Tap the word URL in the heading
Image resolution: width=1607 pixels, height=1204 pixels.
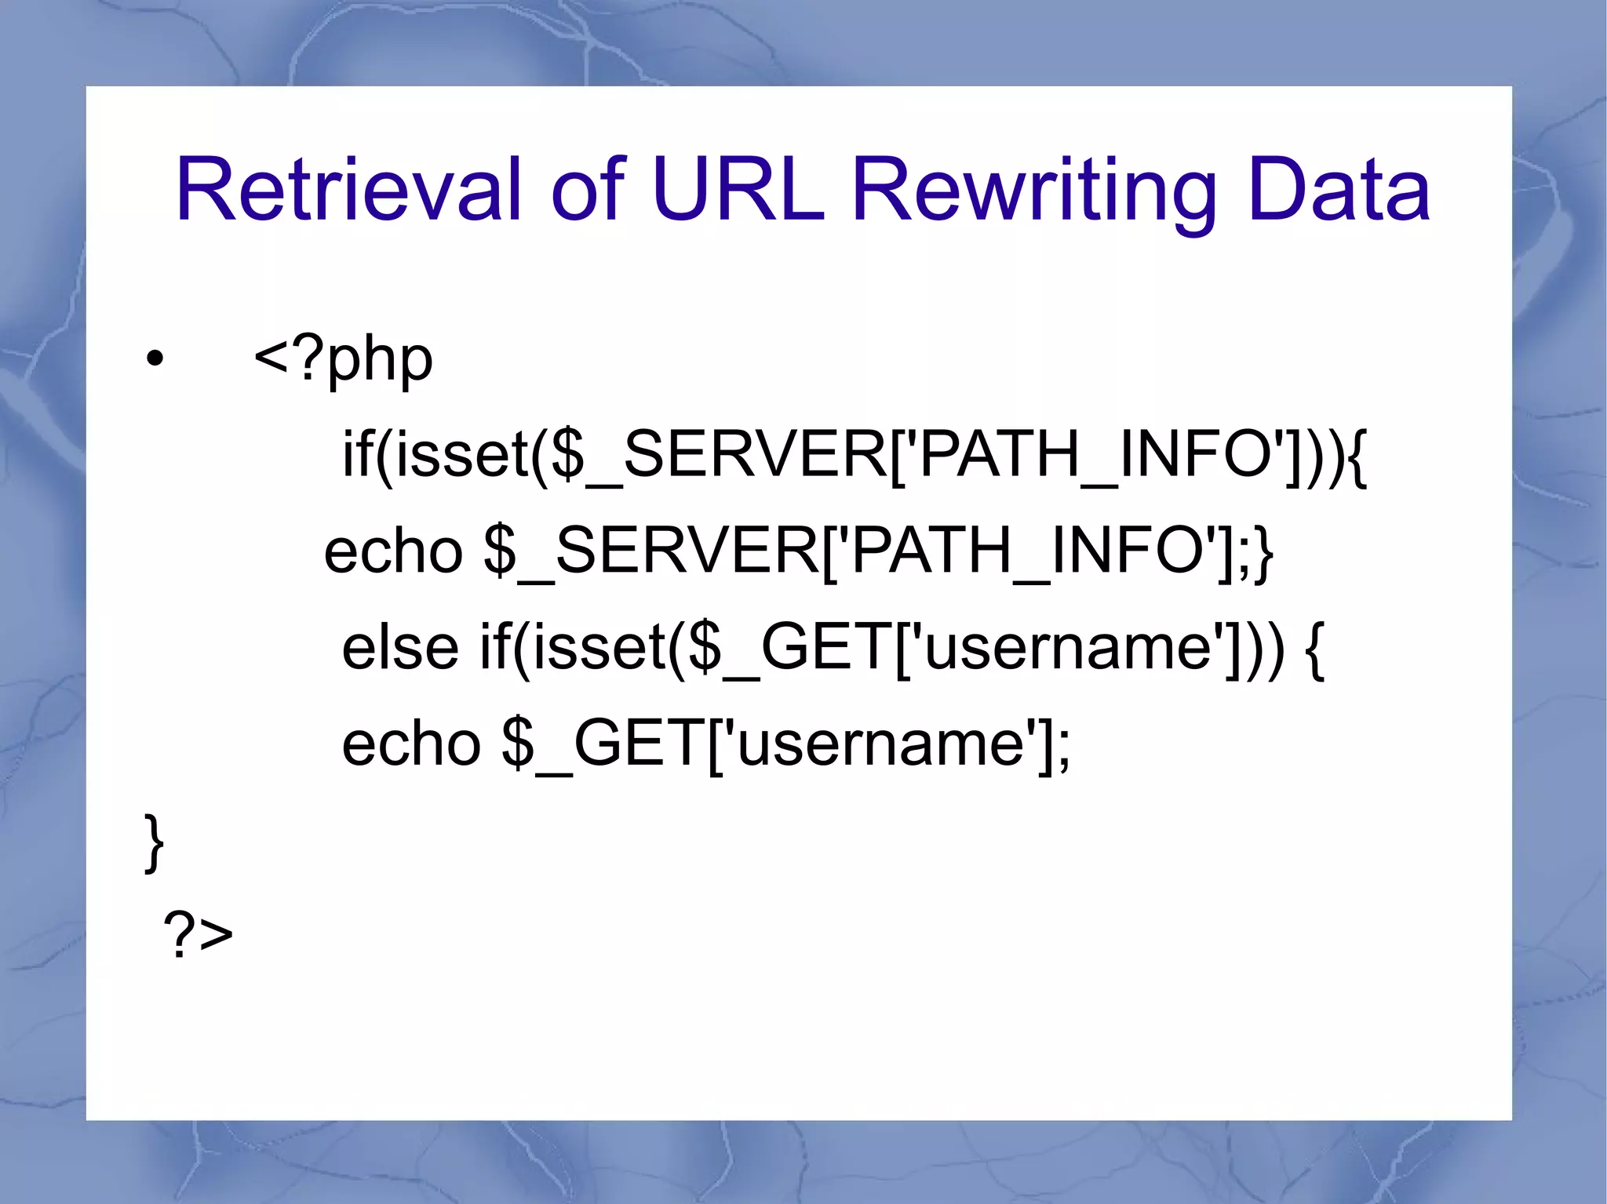click(738, 190)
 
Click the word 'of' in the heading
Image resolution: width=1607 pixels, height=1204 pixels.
click(589, 190)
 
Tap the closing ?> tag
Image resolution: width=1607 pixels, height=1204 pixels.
click(198, 934)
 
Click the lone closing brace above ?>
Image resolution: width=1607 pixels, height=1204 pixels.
click(155, 843)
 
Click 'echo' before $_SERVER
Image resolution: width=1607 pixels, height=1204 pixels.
click(393, 551)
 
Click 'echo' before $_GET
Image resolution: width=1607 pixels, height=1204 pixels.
click(411, 744)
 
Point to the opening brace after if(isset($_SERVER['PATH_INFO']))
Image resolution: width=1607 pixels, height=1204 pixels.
click(1357, 457)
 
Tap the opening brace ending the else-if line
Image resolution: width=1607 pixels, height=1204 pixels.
click(1315, 649)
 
